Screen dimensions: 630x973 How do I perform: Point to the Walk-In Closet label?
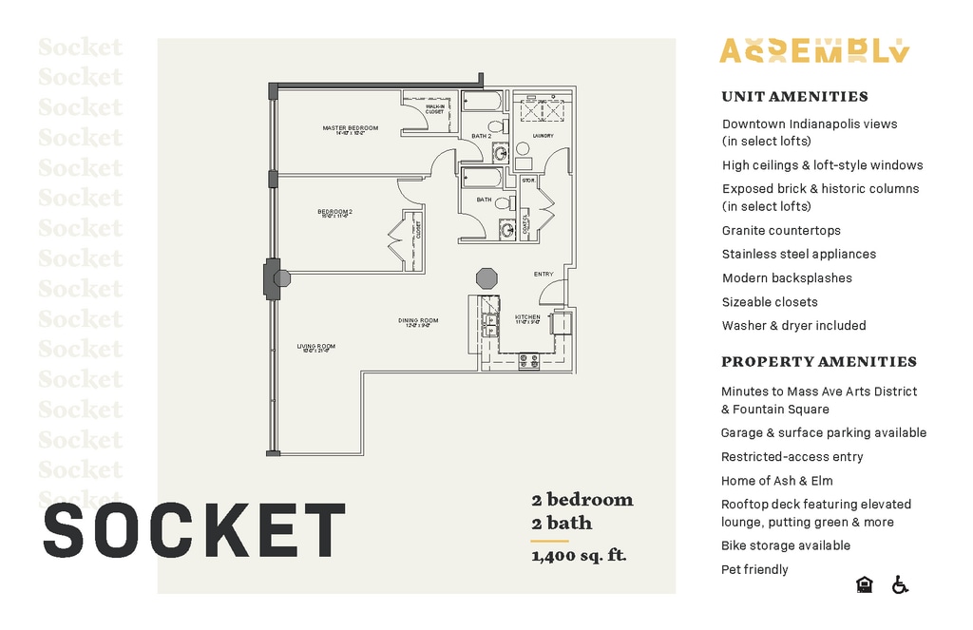click(x=434, y=109)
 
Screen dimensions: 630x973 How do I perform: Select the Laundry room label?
click(x=543, y=136)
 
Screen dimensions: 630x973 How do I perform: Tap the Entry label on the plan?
click(x=544, y=275)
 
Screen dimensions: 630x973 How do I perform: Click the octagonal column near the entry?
click(x=486, y=278)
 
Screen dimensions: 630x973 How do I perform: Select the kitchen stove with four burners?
click(x=529, y=361)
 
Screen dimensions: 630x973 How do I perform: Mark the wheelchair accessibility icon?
click(x=900, y=584)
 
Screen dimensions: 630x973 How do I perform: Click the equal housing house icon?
click(x=864, y=584)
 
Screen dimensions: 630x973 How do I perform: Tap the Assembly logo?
click(x=814, y=50)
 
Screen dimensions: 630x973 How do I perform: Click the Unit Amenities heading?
click(x=794, y=96)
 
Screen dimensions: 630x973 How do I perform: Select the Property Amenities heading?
click(x=818, y=361)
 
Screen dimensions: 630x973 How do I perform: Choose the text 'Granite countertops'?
click(x=781, y=230)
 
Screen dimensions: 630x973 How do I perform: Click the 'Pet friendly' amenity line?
click(x=754, y=569)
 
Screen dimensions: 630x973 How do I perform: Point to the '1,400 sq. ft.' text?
click(x=579, y=556)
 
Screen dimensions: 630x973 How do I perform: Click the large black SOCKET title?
click(x=194, y=529)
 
